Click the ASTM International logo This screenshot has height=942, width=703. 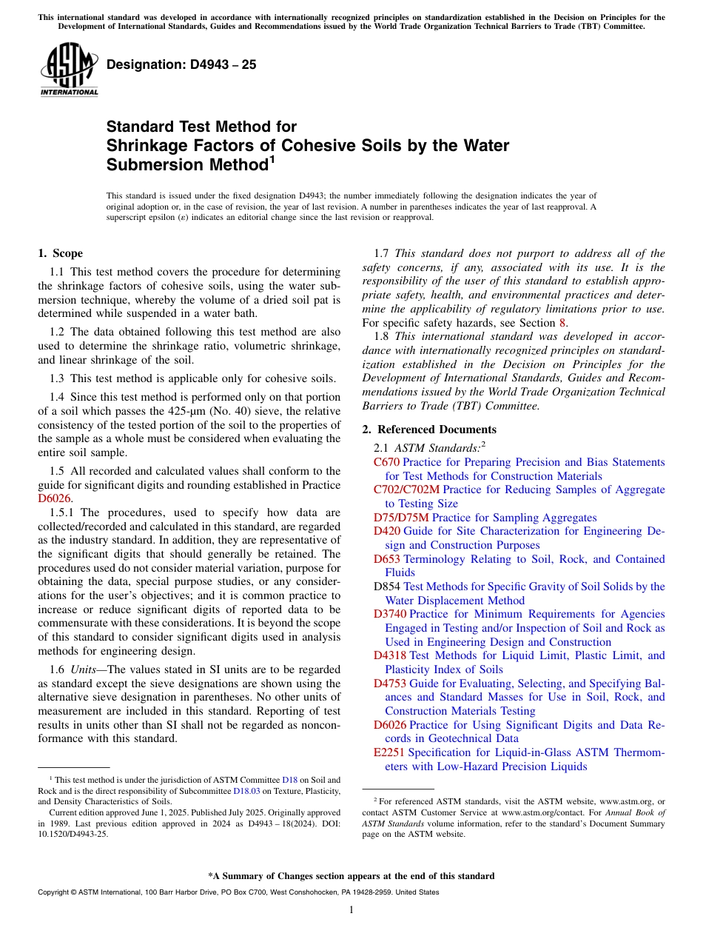[69, 70]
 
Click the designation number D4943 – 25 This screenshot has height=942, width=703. [181, 64]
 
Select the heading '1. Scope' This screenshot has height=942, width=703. [60, 253]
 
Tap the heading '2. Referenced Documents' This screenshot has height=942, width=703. [429, 430]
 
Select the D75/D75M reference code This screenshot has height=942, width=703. [401, 518]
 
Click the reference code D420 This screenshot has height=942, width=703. [386, 531]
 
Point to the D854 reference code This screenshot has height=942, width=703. [386, 587]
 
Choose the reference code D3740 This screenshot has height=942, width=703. [389, 614]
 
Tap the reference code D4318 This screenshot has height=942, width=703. [389, 655]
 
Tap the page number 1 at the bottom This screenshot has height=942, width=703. [351, 910]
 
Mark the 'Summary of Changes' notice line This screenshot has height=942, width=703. [351, 876]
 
